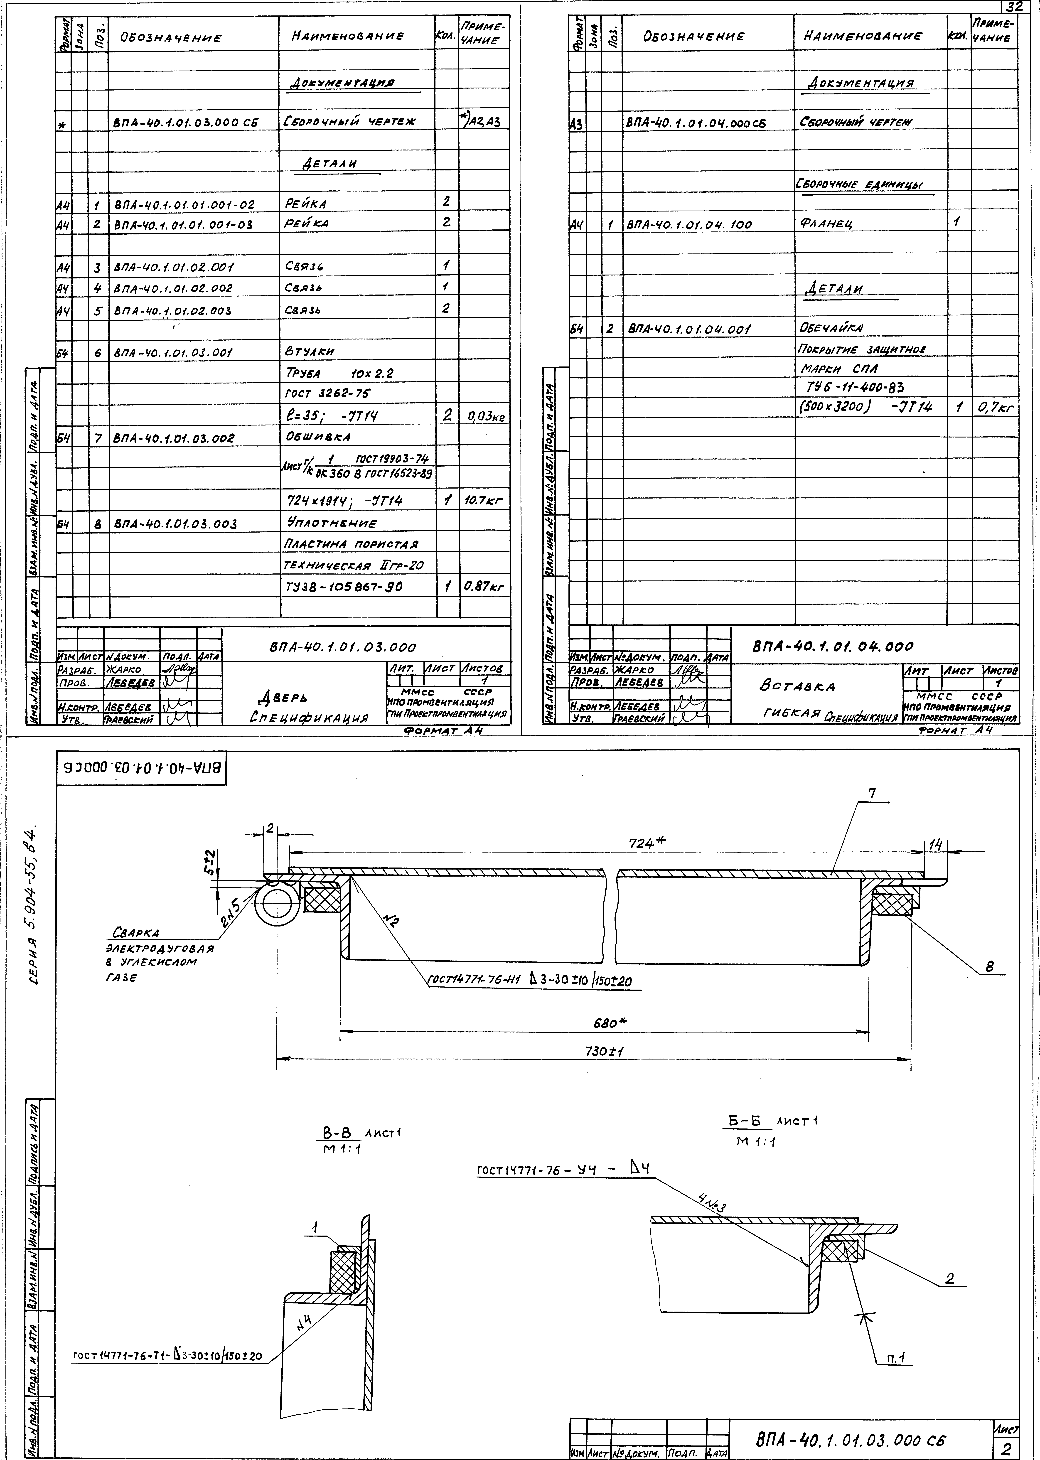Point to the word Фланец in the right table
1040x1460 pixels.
826,224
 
